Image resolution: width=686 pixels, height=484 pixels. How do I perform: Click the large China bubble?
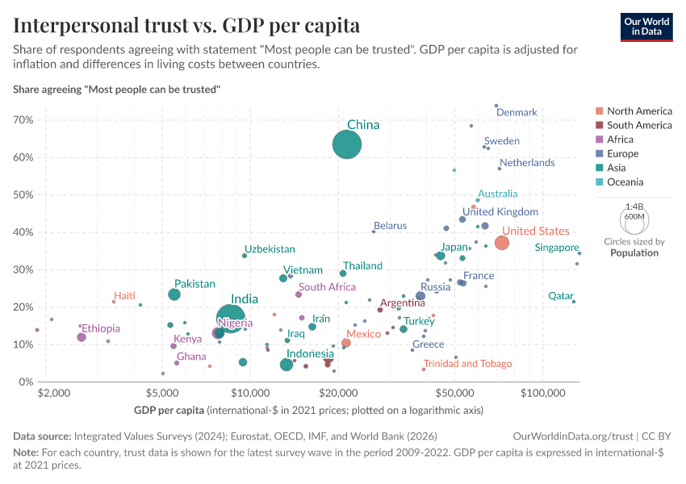pyautogui.click(x=347, y=145)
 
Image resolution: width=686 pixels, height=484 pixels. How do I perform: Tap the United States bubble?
pyautogui.click(x=501, y=243)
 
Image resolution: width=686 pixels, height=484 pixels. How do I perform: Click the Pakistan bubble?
pyautogui.click(x=174, y=294)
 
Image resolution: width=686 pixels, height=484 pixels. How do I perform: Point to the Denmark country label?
pyautogui.click(x=517, y=113)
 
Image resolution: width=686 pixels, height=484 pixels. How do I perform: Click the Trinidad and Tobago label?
pyautogui.click(x=467, y=364)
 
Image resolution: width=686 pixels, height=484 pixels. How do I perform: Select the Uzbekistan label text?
pyautogui.click(x=270, y=250)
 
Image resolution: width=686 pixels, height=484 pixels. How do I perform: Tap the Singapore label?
pyautogui.click(x=557, y=248)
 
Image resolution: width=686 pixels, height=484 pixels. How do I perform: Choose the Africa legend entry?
pyautogui.click(x=621, y=140)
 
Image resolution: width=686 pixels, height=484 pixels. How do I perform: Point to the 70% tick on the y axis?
pyautogui.click(x=23, y=120)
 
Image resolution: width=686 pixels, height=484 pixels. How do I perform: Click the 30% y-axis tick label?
pyautogui.click(x=23, y=270)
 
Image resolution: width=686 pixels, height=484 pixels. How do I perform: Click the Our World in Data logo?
pyautogui.click(x=646, y=27)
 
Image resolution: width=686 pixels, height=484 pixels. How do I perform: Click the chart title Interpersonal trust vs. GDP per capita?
pyautogui.click(x=186, y=25)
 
